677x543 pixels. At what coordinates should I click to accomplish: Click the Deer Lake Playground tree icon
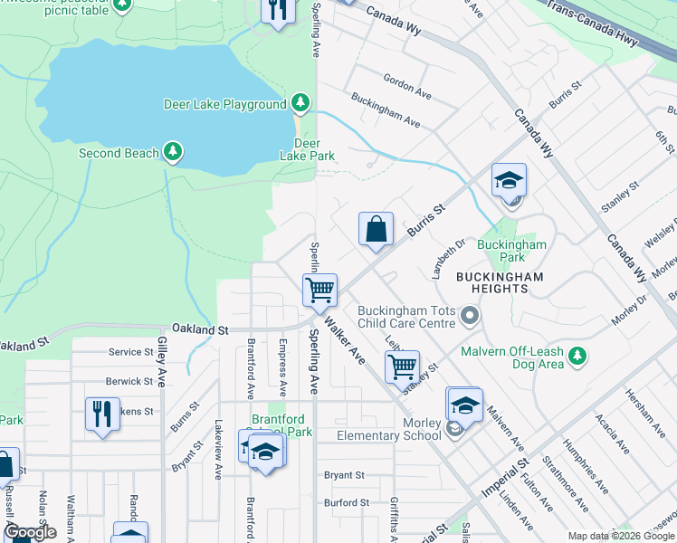tap(300, 104)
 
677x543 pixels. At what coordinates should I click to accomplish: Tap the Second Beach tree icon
tap(172, 153)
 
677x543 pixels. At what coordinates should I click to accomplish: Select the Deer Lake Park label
tap(308, 149)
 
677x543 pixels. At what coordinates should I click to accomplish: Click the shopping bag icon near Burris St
tap(376, 229)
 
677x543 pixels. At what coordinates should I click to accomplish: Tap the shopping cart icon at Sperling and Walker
tap(319, 291)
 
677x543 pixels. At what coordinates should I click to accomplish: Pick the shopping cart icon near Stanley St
tap(401, 367)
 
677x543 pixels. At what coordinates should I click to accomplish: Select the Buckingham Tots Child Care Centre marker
tap(469, 316)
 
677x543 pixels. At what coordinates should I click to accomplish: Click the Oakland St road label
tap(197, 330)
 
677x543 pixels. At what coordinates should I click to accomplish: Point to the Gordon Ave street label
tap(406, 84)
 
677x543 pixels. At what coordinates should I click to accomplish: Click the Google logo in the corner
tap(30, 532)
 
